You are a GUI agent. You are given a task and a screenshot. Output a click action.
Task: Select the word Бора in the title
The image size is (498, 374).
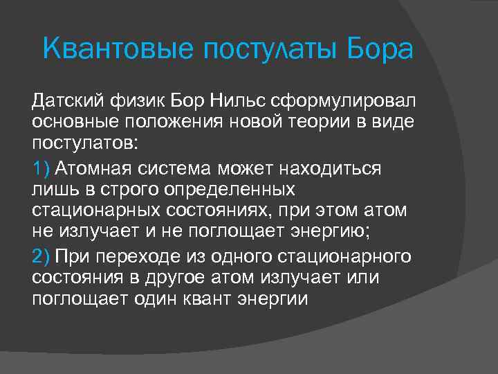(380, 50)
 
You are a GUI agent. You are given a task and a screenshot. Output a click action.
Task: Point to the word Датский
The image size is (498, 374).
(66, 103)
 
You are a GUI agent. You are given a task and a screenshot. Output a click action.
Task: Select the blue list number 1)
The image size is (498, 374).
(41, 168)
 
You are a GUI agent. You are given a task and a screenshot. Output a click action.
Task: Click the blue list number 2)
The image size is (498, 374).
(41, 257)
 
